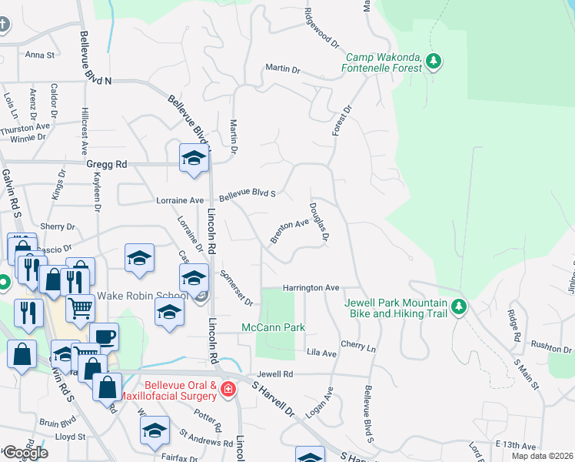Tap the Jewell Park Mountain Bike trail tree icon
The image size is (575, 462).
coord(459,307)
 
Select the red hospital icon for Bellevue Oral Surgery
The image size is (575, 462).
coord(227,390)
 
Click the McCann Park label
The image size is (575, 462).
coord(274,328)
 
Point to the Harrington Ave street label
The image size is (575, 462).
coord(311,287)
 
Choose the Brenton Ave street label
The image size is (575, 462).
coord(288,230)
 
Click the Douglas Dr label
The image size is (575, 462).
coord(318,222)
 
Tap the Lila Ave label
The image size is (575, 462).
coord(321,353)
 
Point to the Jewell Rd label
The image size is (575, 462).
coord(276,373)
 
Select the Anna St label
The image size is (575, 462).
coord(40,55)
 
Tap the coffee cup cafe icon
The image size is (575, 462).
coord(104,337)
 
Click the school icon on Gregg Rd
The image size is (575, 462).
coord(194,159)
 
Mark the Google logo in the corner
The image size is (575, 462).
coord(25,452)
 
